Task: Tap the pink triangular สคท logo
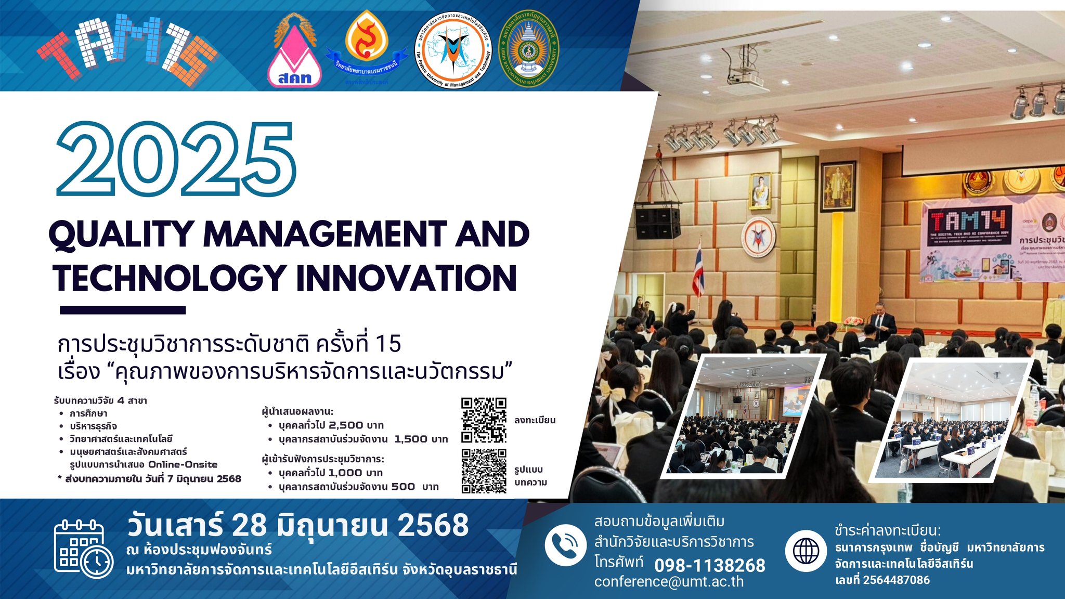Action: tap(294, 55)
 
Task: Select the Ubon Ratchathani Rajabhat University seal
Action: tap(528, 50)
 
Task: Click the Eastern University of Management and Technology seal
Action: tap(453, 50)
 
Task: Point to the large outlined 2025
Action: tap(176, 159)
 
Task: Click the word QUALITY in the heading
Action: tap(121, 235)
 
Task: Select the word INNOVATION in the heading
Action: tap(406, 278)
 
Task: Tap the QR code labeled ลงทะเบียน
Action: tap(484, 420)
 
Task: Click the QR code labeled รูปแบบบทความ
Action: tap(484, 471)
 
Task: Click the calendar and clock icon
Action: tap(83, 548)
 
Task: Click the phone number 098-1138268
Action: tap(709, 565)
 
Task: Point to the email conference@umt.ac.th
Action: tap(669, 582)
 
